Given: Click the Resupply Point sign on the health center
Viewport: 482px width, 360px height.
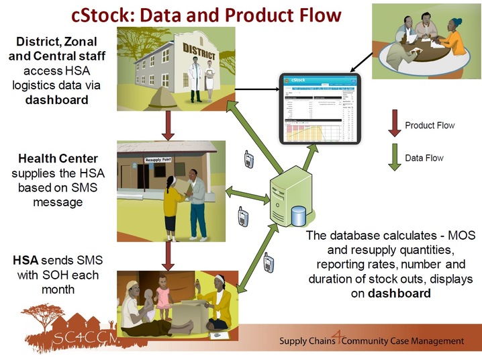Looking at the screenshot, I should (163, 161).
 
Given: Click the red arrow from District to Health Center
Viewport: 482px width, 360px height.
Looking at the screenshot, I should (168, 125).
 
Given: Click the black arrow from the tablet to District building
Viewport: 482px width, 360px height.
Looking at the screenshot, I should (256, 89).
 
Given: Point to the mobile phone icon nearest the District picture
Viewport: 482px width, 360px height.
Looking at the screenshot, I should (248, 160).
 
